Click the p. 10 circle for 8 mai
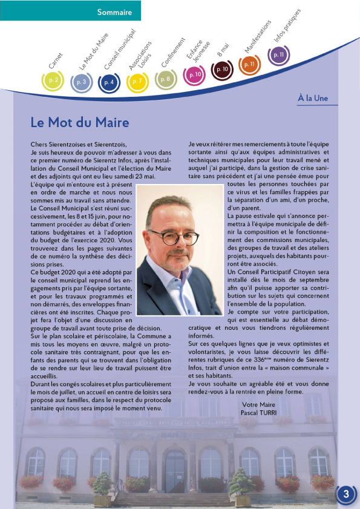[x=222, y=70]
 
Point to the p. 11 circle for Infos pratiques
[x=279, y=55]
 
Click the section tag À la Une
[x=313, y=98]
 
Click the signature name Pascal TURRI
[x=258, y=412]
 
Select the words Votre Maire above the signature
[x=258, y=404]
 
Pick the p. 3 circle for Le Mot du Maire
[x=81, y=82]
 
